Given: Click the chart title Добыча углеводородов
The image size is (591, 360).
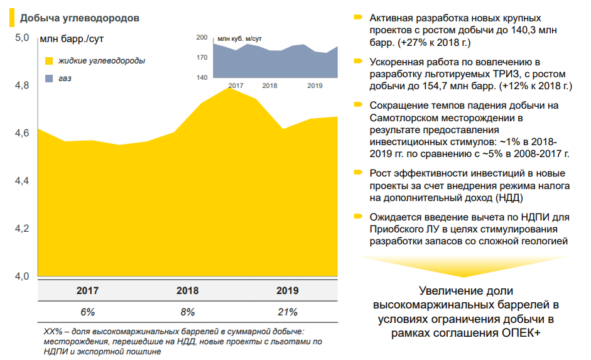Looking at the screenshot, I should (79, 18).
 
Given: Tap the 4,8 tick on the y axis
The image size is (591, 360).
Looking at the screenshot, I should (22, 85).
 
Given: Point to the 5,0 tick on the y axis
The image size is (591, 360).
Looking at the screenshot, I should (22, 38).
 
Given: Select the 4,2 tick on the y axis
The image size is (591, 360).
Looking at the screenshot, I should (22, 229).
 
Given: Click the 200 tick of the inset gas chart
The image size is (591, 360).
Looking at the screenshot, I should (202, 38).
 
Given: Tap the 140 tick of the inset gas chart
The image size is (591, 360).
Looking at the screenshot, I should (202, 78).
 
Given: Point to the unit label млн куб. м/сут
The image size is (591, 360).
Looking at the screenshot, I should (239, 39).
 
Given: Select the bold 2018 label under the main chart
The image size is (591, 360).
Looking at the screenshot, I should (188, 291).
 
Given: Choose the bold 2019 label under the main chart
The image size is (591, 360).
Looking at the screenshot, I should (288, 291).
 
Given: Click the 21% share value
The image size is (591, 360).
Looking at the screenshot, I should (288, 312).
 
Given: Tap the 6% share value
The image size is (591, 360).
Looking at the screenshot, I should (87, 312).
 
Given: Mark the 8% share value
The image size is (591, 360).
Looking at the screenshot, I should (188, 312).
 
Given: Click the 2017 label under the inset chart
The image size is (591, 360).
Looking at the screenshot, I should (236, 85).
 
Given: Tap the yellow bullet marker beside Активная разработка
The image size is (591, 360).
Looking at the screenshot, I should (358, 17).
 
